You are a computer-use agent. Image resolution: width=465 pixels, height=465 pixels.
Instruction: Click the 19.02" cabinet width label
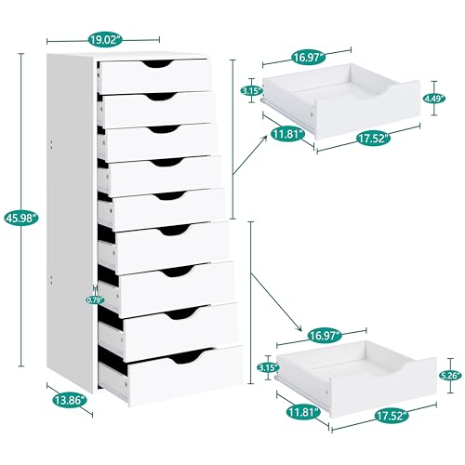tap(105, 40)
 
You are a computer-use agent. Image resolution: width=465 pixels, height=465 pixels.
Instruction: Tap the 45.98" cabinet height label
tap(21, 219)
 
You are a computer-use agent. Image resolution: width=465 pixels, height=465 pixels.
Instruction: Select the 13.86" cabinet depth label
tap(70, 400)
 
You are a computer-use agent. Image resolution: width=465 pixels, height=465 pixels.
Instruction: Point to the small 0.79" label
tap(95, 299)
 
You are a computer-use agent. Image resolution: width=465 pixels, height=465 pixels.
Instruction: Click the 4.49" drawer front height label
tap(434, 99)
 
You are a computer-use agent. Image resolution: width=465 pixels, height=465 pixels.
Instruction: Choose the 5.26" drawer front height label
tap(450, 376)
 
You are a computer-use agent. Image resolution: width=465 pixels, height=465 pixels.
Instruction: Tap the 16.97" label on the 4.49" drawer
tap(308, 58)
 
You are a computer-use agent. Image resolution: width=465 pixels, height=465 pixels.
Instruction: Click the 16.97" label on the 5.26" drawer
tap(325, 336)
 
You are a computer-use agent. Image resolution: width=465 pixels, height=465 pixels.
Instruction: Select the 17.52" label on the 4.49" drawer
tap(373, 138)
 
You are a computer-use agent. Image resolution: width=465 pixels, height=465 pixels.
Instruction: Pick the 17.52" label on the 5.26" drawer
tap(392, 416)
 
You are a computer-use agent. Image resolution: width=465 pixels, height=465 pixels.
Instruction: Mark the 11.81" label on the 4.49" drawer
tap(288, 135)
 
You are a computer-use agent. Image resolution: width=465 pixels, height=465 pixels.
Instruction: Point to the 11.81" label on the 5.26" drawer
tap(303, 413)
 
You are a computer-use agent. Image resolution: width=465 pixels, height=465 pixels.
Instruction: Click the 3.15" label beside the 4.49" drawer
tap(252, 91)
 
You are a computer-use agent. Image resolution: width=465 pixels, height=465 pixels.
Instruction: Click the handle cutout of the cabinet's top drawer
tap(157, 63)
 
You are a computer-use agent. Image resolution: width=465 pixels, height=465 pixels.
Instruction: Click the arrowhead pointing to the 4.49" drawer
tap(265, 139)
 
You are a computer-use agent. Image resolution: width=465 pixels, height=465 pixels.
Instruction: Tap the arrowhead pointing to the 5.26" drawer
tap(299, 328)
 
